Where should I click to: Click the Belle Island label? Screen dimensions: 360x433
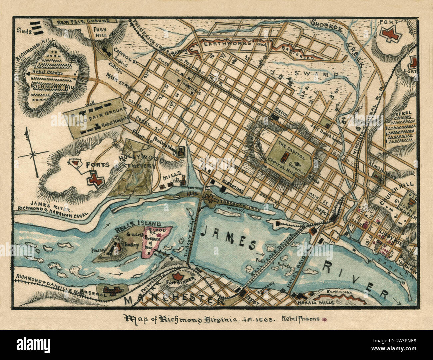(x=138, y=223)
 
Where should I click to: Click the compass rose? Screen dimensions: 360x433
(x=33, y=154)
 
